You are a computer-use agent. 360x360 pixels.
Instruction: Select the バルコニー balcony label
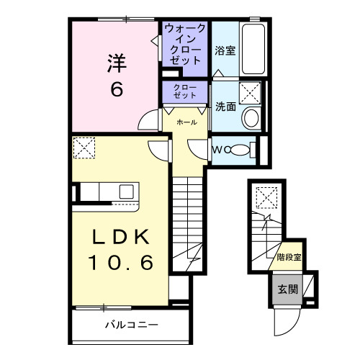(130, 325)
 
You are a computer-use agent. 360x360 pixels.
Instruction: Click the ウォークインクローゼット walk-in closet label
(185, 45)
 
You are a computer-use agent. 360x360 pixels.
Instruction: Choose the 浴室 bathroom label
(225, 50)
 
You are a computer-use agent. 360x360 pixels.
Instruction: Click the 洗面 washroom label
(225, 106)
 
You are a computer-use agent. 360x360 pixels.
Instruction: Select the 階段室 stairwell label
(287, 257)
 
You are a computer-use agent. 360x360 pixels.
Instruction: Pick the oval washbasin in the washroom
(251, 119)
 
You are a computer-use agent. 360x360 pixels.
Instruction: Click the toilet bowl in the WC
(247, 150)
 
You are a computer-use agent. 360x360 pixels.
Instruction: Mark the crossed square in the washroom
(251, 93)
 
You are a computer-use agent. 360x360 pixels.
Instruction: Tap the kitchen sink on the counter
(126, 192)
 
